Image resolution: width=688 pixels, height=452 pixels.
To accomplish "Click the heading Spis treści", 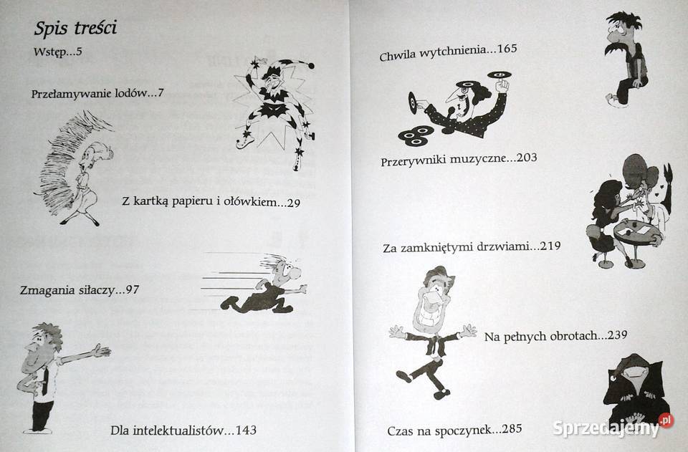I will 75,29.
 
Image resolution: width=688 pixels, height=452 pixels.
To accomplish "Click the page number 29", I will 292,203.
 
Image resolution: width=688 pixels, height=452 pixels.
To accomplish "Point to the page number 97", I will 132,290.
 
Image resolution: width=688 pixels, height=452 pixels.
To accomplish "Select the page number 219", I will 550,246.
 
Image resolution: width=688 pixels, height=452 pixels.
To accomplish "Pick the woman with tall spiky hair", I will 75,168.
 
